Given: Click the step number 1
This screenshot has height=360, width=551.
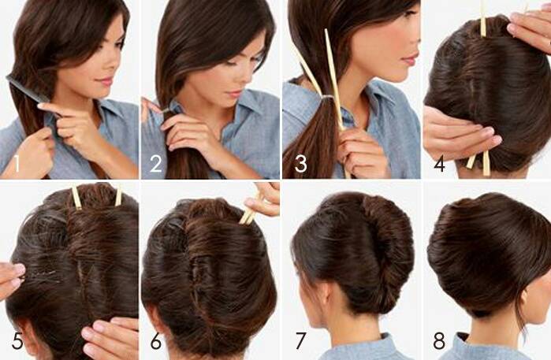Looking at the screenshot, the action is [x=17, y=164].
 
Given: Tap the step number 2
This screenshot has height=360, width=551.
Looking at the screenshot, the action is [x=156, y=164].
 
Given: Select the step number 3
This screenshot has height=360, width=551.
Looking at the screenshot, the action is [x=301, y=164].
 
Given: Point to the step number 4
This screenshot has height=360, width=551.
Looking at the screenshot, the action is [x=440, y=164].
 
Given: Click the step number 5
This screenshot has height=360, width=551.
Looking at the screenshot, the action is [x=17, y=340].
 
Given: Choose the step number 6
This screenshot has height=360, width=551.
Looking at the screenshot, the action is [x=156, y=340].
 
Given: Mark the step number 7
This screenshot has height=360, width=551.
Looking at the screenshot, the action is [x=300, y=340].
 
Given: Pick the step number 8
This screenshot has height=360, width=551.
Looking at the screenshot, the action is [x=439, y=340].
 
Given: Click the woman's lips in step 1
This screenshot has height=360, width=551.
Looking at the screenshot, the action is [x=106, y=82].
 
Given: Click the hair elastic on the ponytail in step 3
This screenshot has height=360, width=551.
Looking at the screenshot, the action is [x=329, y=97].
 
